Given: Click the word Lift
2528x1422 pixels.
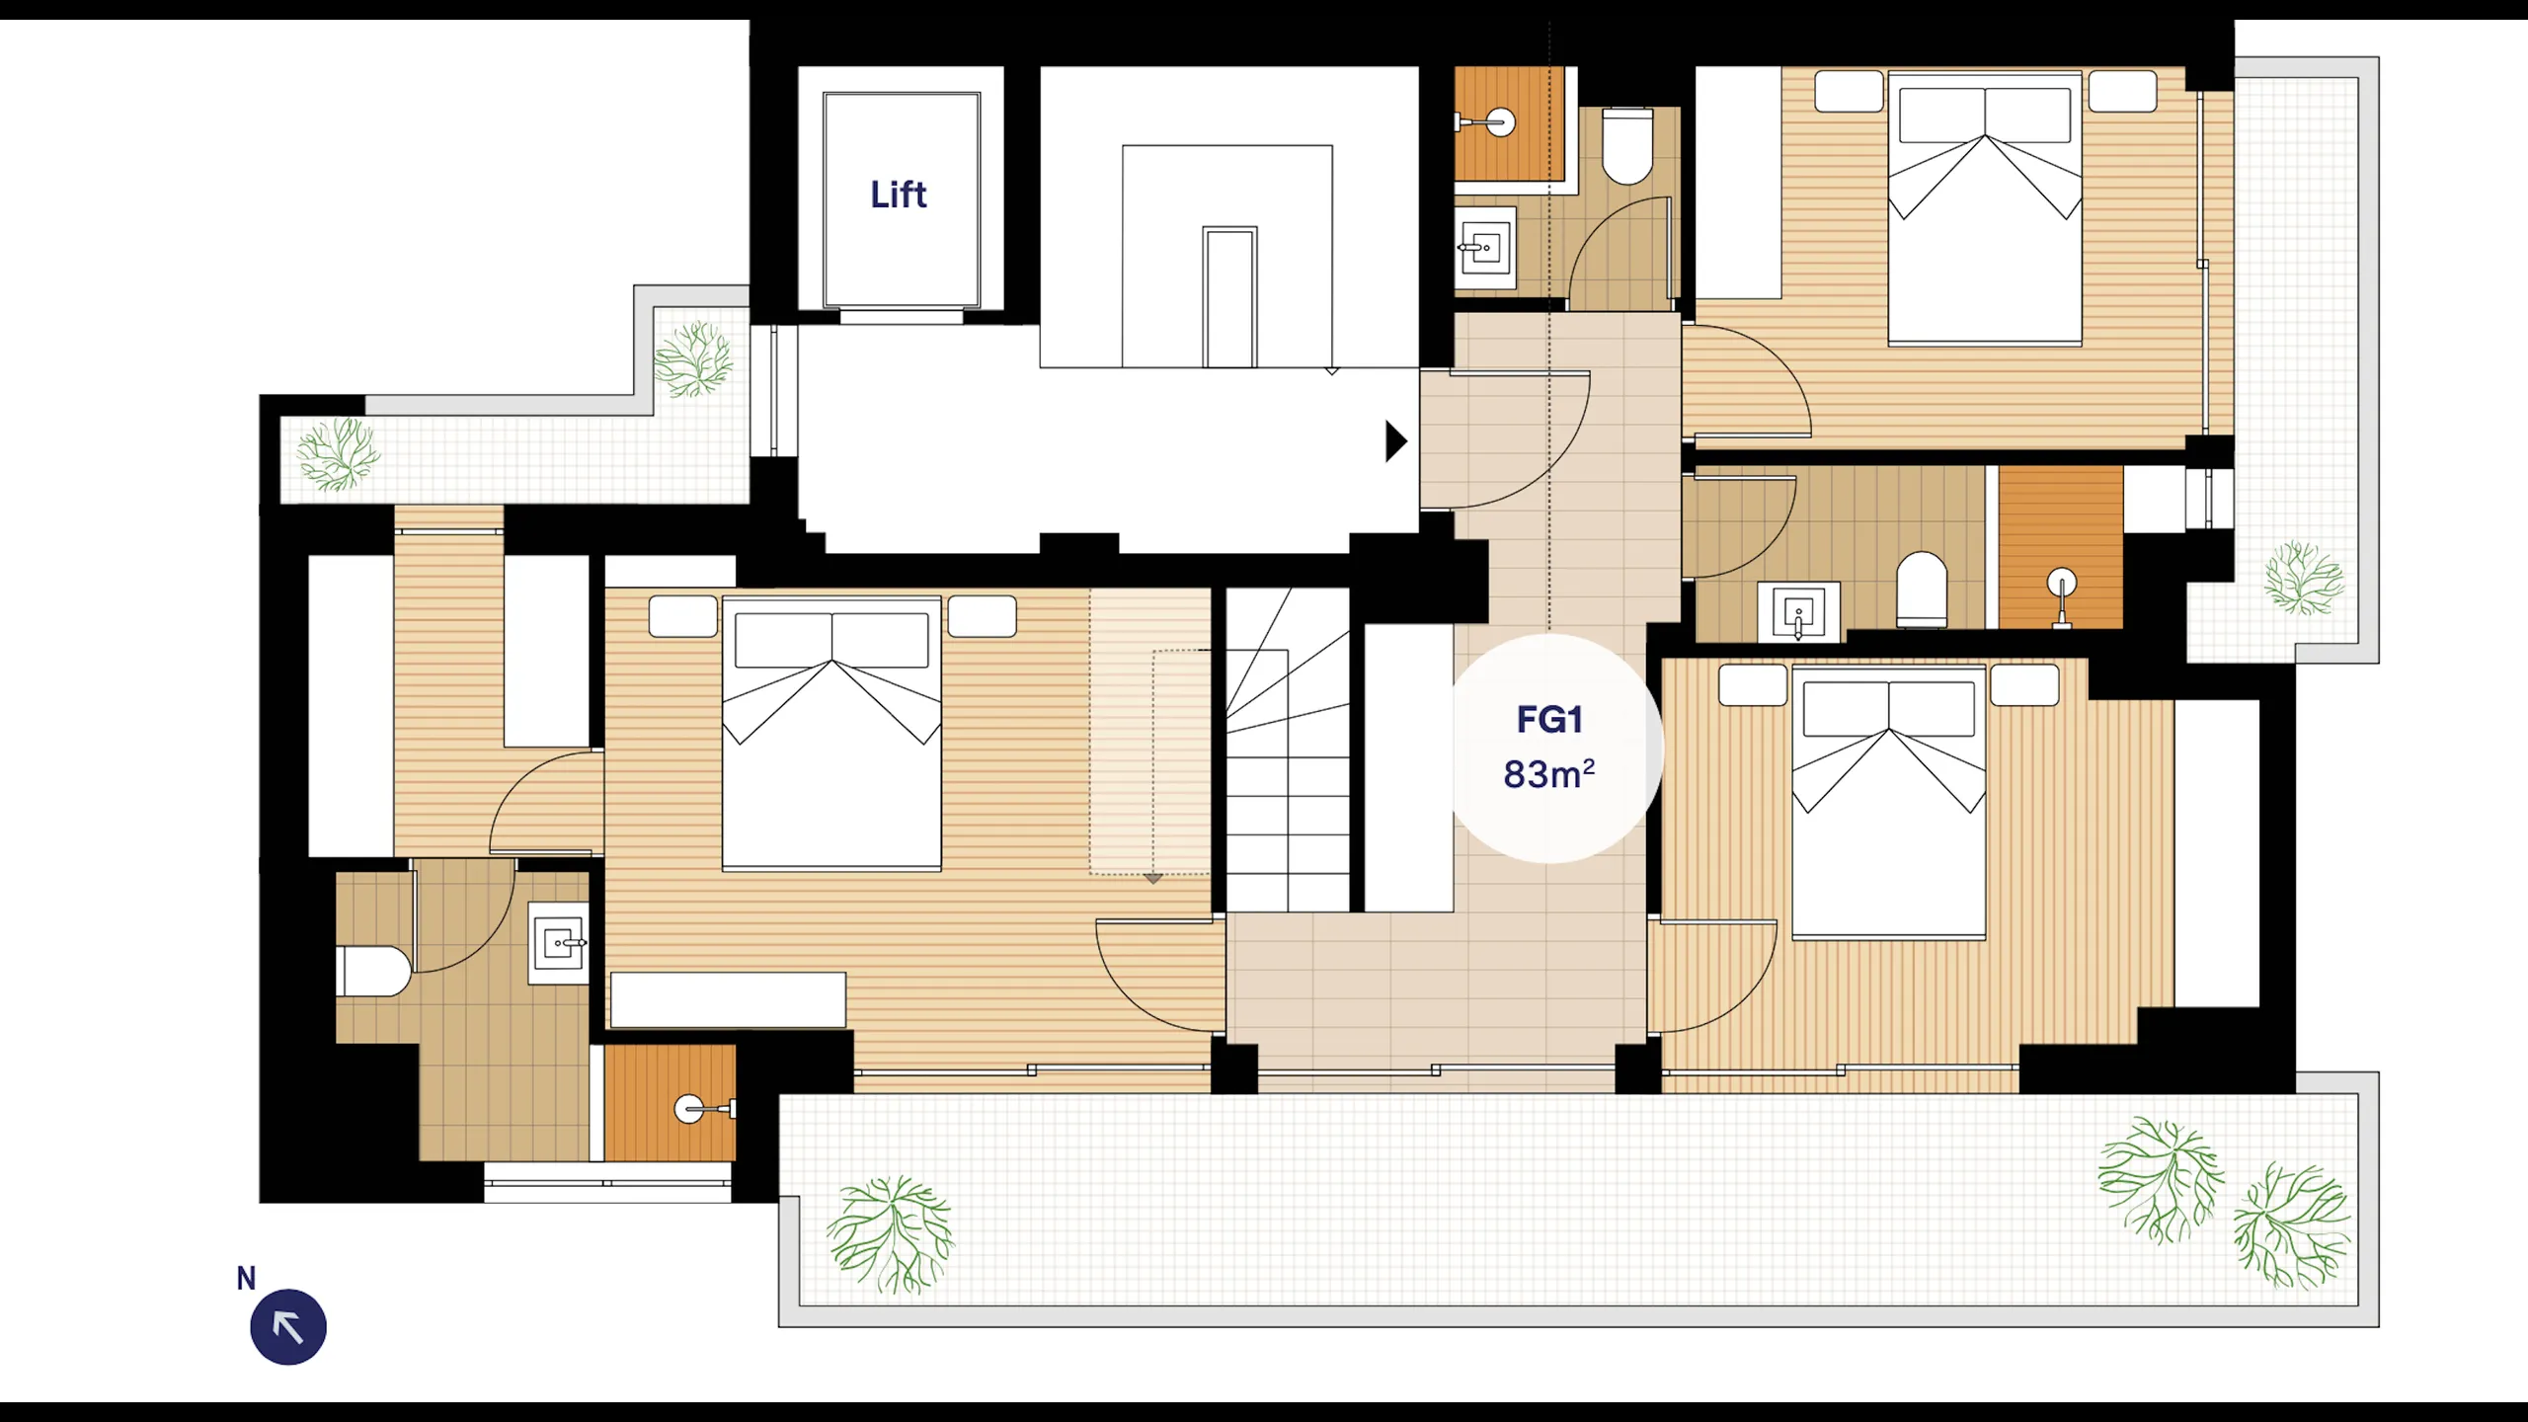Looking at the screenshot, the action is [x=899, y=195].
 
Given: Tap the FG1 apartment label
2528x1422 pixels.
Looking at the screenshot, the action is [x=1549, y=720].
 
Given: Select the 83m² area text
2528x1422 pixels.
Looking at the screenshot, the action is [x=1549, y=773].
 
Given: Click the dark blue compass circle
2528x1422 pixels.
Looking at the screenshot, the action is [x=288, y=1327].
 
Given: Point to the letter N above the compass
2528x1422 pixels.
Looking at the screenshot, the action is [x=246, y=1279].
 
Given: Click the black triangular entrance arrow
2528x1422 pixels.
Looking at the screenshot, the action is [x=1395, y=441].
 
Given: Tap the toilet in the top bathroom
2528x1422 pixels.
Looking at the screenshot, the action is [x=1627, y=146].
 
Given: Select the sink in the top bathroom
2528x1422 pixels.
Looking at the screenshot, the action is [x=1485, y=248].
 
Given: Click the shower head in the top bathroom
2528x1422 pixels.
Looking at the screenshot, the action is [x=1486, y=122].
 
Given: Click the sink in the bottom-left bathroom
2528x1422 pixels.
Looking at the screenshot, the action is [x=559, y=943].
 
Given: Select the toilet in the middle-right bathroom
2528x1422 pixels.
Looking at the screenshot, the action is [x=1922, y=590].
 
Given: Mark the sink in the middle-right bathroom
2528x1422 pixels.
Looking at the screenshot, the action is [x=1798, y=612].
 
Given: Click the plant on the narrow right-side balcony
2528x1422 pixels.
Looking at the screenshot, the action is [x=2304, y=578].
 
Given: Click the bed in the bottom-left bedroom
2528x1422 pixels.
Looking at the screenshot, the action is [x=831, y=734].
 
